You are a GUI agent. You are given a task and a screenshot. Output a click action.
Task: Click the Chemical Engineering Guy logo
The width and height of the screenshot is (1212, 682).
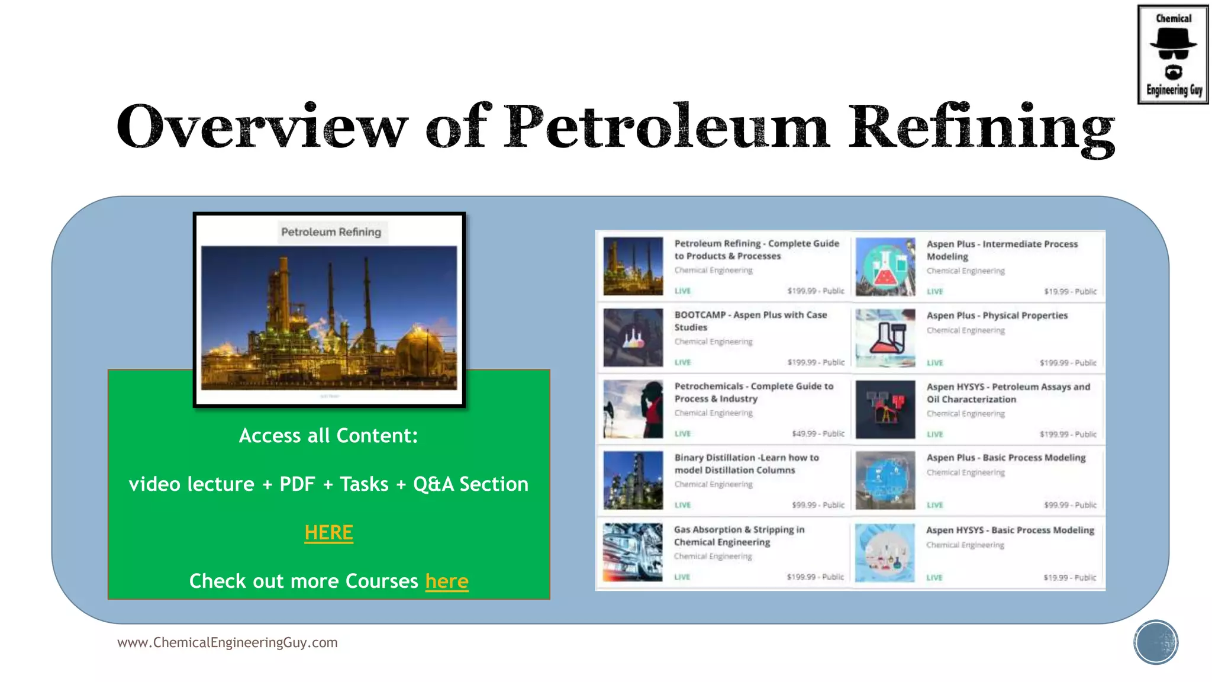click(x=1172, y=54)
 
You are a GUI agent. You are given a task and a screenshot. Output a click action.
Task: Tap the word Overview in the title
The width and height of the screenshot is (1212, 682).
click(x=262, y=127)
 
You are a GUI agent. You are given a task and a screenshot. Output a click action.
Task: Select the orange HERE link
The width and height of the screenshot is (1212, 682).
click(x=328, y=533)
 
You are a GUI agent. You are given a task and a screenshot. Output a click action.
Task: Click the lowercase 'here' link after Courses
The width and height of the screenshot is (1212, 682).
click(x=447, y=581)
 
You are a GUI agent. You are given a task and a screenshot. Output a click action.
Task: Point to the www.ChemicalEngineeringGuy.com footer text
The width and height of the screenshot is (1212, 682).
click(x=227, y=642)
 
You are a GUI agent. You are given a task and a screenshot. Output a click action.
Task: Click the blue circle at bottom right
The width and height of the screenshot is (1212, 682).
click(x=1155, y=642)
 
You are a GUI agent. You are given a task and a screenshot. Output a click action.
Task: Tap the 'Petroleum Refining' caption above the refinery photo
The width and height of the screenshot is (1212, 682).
click(x=331, y=232)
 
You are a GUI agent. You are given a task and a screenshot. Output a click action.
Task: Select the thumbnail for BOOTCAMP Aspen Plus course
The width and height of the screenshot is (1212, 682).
click(x=633, y=337)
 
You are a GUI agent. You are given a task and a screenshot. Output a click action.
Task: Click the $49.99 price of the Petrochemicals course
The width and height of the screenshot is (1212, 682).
click(x=818, y=433)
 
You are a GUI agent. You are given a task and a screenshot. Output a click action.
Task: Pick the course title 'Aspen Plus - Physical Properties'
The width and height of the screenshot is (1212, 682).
click(x=997, y=316)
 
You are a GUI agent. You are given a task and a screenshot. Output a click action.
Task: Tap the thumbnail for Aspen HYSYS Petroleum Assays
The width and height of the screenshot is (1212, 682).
click(x=885, y=409)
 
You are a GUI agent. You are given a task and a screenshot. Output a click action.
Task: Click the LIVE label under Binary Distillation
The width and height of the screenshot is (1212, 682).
click(x=682, y=505)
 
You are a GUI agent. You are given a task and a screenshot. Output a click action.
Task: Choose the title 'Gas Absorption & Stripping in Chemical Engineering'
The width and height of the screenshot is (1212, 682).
click(x=739, y=536)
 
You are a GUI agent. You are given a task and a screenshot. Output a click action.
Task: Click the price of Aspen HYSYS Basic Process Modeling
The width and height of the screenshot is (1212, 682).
click(x=1069, y=577)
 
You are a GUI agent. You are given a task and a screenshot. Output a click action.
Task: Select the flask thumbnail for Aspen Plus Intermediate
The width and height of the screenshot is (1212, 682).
click(x=885, y=266)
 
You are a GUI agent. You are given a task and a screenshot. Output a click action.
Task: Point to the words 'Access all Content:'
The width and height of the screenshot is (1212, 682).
click(x=328, y=436)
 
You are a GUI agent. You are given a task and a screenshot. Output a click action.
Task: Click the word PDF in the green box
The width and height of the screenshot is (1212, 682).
click(x=297, y=484)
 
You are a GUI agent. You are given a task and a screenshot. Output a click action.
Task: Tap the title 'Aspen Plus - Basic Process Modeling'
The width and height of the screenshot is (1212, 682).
click(x=1005, y=458)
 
